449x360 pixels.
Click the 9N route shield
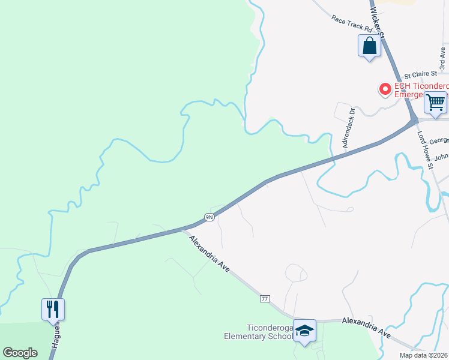coord(209,217)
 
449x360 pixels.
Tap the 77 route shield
coord(264,298)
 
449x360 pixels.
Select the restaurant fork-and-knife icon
coord(53,309)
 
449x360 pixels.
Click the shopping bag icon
coord(369,46)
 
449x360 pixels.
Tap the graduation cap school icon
coord(304,330)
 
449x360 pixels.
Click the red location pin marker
coord(385,90)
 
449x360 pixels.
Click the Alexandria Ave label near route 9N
coord(209,254)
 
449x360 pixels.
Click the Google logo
coord(20,353)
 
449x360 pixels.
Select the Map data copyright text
coord(423,355)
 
